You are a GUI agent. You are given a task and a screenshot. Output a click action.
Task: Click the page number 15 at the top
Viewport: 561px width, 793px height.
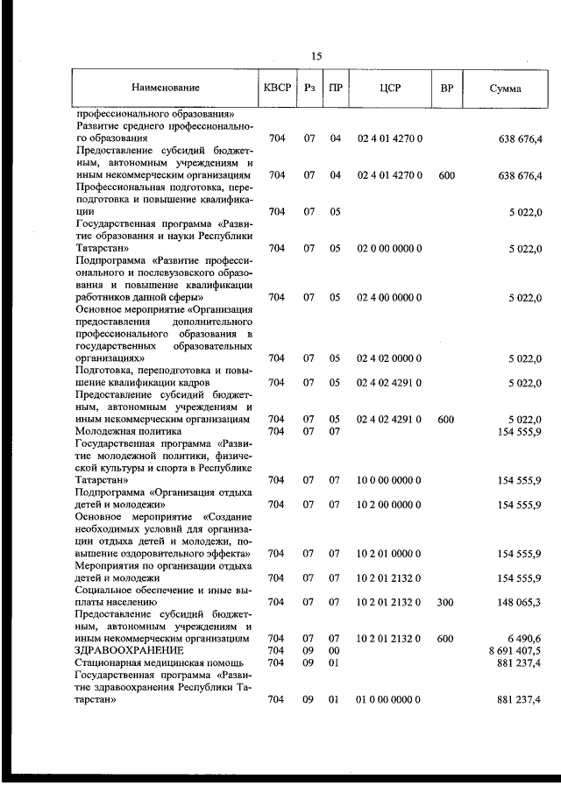[316, 56]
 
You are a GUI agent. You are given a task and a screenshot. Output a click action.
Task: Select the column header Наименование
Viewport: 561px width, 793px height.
[166, 89]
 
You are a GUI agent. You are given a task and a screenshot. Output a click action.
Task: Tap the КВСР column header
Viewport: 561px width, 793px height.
[277, 89]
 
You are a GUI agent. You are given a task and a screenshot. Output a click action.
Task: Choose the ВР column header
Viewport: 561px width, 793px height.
[446, 89]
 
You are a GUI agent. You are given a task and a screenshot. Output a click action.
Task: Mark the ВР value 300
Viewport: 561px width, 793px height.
[446, 602]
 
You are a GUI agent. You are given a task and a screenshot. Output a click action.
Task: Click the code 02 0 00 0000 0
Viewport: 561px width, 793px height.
[390, 248]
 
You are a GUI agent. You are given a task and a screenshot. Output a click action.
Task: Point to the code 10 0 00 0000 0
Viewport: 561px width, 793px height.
[390, 479]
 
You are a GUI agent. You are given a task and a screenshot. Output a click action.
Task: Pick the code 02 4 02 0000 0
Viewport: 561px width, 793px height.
[390, 358]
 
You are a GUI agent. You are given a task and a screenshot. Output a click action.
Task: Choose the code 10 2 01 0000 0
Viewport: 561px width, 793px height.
[390, 553]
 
